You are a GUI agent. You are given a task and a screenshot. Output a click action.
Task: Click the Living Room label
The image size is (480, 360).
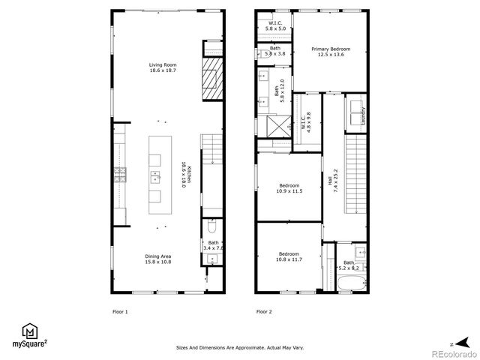(x=158, y=67)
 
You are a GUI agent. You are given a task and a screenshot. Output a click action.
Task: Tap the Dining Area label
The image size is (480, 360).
(x=158, y=259)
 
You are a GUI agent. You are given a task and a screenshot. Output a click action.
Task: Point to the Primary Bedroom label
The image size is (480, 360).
(x=331, y=51)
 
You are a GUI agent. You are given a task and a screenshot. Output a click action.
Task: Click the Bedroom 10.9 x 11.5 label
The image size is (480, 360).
(x=289, y=188)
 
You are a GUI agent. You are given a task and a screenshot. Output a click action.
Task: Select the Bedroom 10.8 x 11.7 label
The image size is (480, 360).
(x=289, y=256)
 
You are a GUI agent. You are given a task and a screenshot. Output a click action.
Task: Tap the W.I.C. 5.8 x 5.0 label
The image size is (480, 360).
(x=277, y=25)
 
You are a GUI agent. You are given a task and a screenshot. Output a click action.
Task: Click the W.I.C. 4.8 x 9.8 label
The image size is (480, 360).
(x=306, y=123)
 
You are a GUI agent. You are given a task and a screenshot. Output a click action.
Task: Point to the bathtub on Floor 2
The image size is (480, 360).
(x=352, y=283)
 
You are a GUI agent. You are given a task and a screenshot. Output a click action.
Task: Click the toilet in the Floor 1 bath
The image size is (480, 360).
(x=212, y=226)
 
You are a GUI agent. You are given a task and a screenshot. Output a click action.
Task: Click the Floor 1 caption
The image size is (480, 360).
(x=120, y=311)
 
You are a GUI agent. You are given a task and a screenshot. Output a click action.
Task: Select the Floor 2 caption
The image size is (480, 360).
(x=263, y=311)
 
